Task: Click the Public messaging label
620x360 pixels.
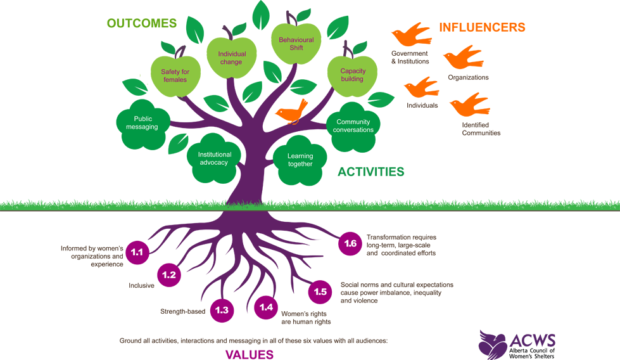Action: tap(146, 123)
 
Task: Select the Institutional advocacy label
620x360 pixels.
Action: tap(215, 158)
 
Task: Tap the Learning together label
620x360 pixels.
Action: tap(300, 160)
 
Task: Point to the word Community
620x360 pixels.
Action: tap(353, 122)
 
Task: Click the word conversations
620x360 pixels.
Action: tap(353, 130)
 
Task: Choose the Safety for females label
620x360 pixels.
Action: tap(175, 75)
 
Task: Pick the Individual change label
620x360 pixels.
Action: tap(231, 58)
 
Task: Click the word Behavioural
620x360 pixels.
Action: tap(296, 40)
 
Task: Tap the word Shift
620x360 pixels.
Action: tap(296, 48)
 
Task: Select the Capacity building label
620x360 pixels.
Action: tap(352, 75)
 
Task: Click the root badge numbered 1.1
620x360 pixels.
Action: tap(137, 252)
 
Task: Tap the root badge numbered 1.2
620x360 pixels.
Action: tap(168, 276)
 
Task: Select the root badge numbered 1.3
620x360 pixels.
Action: tap(222, 310)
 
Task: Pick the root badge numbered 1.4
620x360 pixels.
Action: tap(266, 307)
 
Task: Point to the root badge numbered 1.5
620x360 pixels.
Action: tap(320, 292)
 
